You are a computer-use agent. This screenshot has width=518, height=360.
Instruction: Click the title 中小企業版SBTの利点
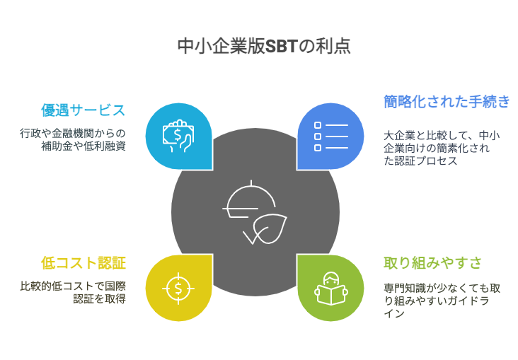point(264,46)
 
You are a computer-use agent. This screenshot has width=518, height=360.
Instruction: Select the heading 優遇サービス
point(84,110)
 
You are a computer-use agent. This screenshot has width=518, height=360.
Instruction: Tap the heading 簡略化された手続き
point(447,101)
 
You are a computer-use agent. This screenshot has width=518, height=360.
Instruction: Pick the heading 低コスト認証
point(84,263)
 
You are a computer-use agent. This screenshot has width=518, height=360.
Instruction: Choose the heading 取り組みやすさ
point(432,263)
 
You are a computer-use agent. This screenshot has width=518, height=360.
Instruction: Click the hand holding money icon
point(178,136)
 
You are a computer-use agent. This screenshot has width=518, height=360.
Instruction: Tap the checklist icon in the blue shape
point(331,137)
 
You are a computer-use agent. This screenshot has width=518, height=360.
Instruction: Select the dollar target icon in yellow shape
point(178,289)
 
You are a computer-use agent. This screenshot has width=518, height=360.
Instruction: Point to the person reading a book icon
point(331,289)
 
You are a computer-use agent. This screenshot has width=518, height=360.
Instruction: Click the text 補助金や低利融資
point(84,146)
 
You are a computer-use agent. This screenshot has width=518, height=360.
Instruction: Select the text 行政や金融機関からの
point(73,134)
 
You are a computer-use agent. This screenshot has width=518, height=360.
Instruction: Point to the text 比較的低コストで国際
point(73,286)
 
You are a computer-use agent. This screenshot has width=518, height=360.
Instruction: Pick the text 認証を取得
point(100,298)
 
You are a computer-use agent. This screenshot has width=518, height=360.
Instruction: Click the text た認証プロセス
point(420,161)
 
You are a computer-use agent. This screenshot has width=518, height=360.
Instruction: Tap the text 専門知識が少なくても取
point(442,288)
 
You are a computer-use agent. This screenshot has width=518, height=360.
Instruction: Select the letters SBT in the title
point(282,46)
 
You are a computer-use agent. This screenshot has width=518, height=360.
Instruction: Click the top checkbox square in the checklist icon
point(318,125)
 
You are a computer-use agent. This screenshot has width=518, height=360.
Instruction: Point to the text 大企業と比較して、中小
point(442,135)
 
